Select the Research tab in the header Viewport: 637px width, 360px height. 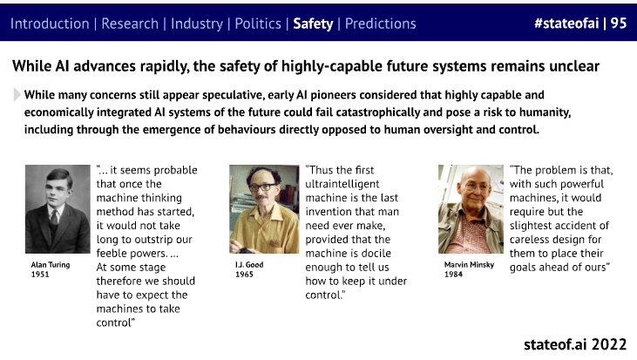130,24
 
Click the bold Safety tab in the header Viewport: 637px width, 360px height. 313,24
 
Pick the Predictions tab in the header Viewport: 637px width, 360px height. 380,24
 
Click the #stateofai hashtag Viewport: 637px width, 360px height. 566,24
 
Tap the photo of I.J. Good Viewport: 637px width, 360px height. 264,209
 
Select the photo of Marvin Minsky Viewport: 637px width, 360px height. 471,209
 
